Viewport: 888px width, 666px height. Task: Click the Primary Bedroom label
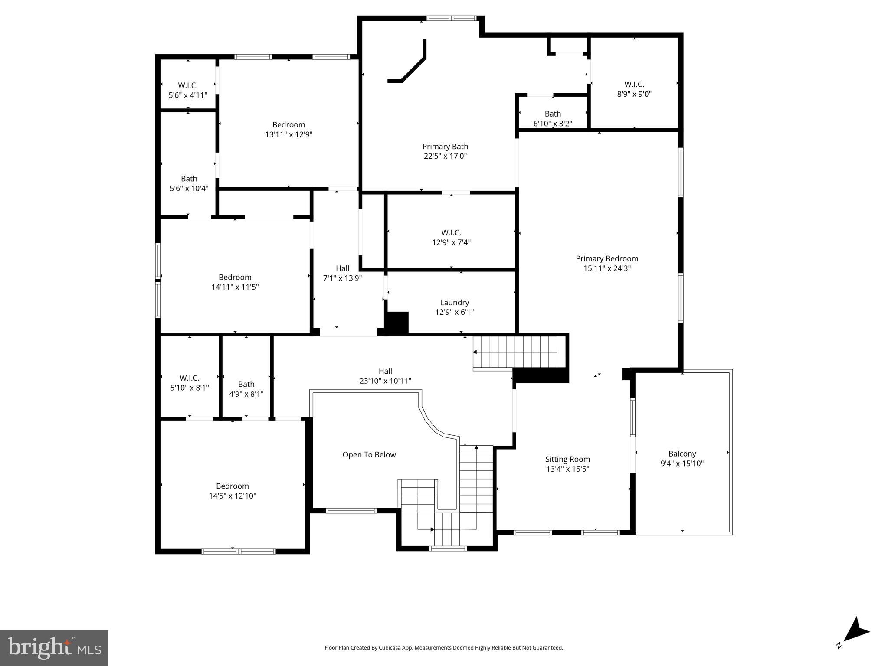pos(606,258)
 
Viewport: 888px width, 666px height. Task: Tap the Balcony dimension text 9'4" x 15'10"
pos(682,464)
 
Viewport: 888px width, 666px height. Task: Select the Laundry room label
pos(454,302)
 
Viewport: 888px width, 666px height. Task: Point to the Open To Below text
pos(369,454)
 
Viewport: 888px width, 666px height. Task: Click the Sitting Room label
pos(567,459)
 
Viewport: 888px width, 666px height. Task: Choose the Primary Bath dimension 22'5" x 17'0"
pos(445,156)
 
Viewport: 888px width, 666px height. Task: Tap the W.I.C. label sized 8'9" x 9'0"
pos(634,84)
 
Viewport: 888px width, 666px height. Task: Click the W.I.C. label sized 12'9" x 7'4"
pos(451,232)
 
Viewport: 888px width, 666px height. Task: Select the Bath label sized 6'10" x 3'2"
pos(552,114)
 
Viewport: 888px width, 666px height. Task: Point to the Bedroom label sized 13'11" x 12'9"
pos(288,124)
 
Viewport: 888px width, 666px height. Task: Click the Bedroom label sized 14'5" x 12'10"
pos(232,486)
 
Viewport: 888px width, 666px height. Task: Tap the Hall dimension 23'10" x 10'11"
pos(385,381)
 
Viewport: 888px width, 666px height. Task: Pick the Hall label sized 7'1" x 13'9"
pos(342,268)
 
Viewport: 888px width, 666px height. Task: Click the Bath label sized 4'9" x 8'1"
pos(246,384)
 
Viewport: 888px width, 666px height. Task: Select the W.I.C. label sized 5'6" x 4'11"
pos(187,85)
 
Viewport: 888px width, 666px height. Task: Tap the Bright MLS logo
pos(54,648)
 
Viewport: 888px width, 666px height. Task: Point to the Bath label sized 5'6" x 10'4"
pos(189,179)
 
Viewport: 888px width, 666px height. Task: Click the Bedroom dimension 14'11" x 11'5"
pos(235,287)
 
